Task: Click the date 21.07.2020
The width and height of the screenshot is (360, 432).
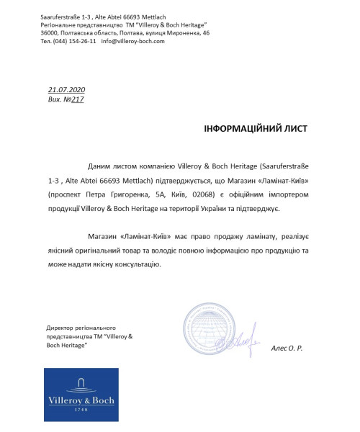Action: pos(66,89)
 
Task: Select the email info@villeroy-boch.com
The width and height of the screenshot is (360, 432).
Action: pos(133,41)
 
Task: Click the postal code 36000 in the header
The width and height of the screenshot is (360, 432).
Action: pos(49,33)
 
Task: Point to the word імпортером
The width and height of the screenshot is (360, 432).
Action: pos(284,194)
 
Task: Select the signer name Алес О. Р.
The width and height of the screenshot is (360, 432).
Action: pos(287,348)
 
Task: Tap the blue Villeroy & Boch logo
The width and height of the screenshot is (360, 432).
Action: pos(81,395)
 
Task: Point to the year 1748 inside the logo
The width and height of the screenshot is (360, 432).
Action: pos(81,409)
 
